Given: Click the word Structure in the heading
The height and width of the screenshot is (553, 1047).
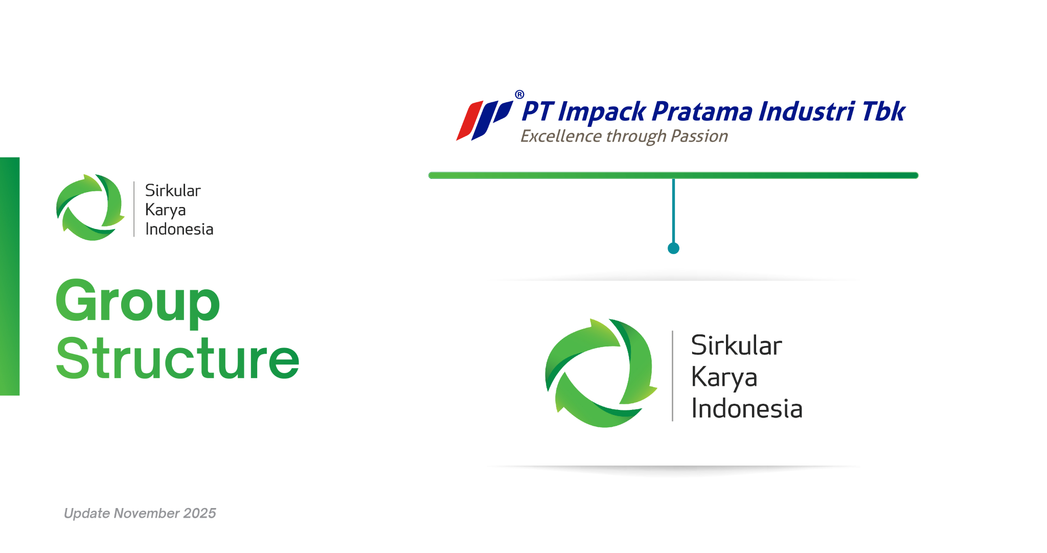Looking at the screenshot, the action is tap(177, 359).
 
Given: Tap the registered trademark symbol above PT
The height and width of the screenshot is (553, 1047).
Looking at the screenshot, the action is tap(519, 95).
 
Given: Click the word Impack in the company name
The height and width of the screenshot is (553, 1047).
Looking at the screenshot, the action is tap(602, 112).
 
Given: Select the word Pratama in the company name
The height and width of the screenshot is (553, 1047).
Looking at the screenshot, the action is tap(702, 111).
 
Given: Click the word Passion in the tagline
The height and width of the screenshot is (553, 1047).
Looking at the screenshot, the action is tap(699, 136).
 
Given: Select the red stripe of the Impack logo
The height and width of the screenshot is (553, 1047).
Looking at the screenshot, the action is tap(469, 121).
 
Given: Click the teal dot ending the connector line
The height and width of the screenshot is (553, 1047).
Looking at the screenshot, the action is tap(673, 248).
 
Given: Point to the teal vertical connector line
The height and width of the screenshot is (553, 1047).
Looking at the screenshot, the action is tap(673, 211).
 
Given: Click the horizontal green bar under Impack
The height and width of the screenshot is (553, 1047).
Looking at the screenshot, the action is tap(673, 175).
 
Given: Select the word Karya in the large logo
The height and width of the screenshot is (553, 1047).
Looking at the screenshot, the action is tap(724, 378).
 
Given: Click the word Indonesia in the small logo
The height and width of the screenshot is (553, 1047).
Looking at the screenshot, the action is tap(179, 229).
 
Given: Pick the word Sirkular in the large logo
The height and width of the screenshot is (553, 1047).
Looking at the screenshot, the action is tap(736, 345).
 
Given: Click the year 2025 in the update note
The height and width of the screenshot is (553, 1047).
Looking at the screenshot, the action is tap(199, 513).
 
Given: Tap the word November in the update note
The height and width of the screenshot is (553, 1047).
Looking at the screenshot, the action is tap(146, 513).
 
